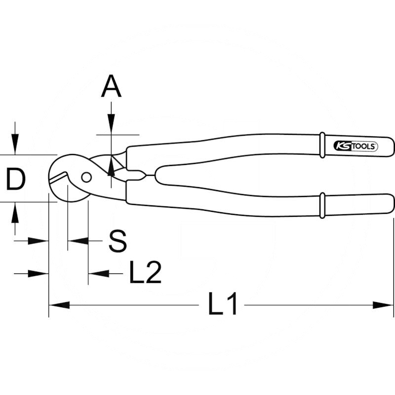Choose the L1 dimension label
223,305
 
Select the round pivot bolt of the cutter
86,177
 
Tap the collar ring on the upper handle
322,144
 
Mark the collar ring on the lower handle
322,205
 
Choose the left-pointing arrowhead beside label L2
96,273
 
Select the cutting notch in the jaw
61,176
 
